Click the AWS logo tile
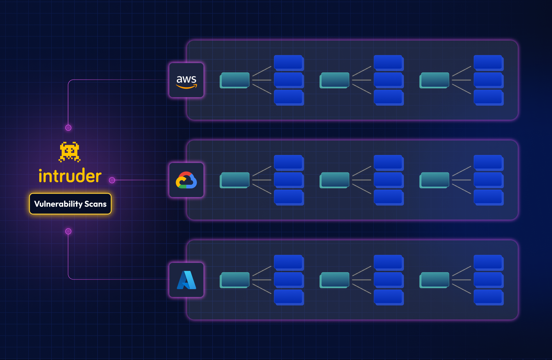tap(186, 80)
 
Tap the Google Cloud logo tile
tap(186, 180)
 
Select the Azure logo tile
tap(186, 280)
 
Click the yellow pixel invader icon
tap(70, 152)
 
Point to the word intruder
tap(70, 176)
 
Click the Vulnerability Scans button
tap(70, 204)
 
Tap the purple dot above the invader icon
tap(68, 128)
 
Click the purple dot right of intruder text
tap(112, 180)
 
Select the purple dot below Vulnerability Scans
tap(68, 231)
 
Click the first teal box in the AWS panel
tap(235, 80)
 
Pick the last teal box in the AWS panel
tap(435, 80)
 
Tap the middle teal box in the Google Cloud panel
tap(335, 180)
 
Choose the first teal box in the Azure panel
tap(235, 280)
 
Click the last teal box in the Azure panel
tap(435, 280)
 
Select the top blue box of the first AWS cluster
tap(289, 63)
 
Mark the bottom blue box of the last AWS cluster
tap(488, 97)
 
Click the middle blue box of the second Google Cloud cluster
tap(388, 180)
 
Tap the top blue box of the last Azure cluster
tap(488, 262)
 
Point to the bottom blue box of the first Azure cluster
tap(289, 297)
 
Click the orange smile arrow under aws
tap(186, 87)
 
